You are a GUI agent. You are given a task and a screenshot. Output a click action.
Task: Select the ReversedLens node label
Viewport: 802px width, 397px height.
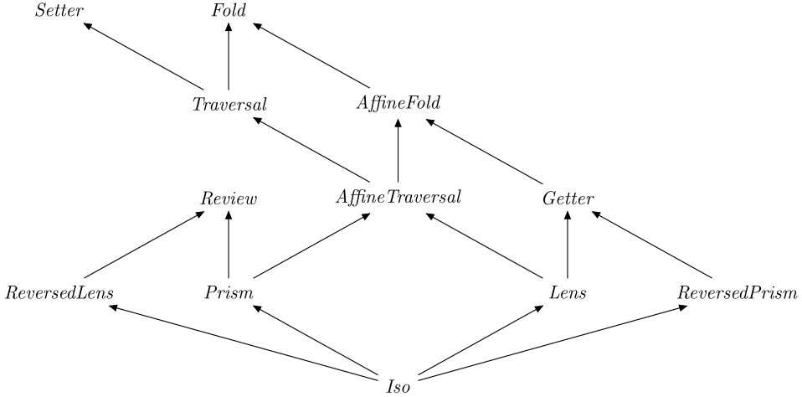[59, 294]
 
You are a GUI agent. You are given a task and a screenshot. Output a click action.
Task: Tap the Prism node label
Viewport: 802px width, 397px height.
[229, 294]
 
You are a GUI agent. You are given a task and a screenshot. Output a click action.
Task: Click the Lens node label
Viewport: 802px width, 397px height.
[568, 294]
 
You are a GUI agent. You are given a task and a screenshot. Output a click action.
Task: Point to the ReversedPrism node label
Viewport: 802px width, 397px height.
[737, 294]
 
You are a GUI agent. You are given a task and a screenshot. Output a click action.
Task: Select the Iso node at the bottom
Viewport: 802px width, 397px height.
[398, 388]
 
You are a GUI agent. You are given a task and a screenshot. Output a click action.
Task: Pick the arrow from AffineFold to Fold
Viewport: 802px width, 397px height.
[313, 57]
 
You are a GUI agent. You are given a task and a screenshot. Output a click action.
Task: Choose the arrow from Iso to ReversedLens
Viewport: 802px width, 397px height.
[243, 342]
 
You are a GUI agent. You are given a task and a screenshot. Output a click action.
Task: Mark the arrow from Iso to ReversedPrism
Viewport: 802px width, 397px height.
[553, 342]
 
